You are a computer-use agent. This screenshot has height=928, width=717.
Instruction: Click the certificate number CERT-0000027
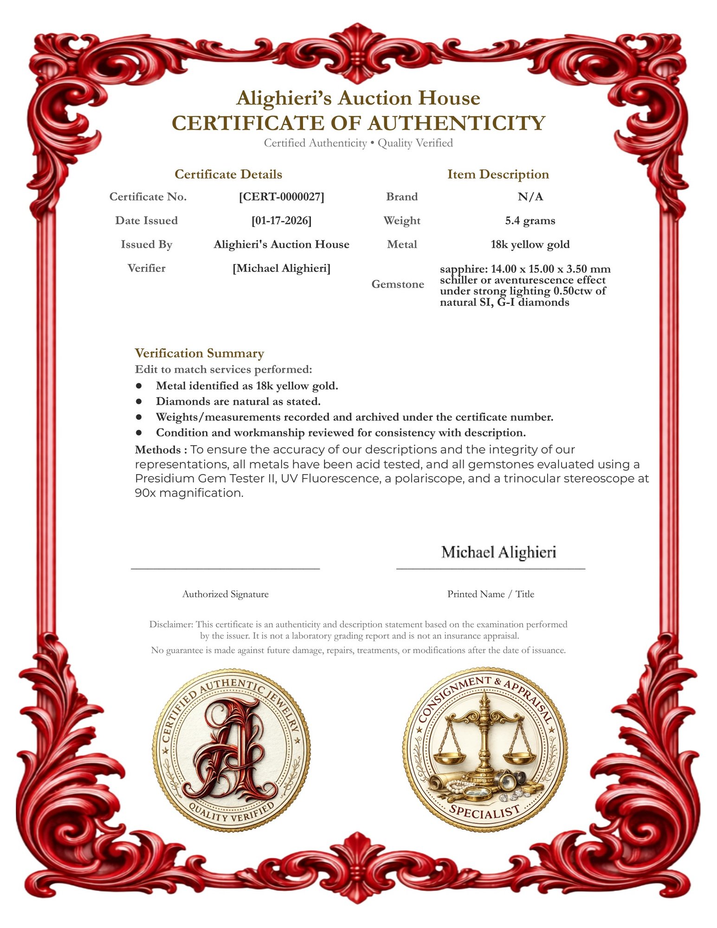click(x=281, y=197)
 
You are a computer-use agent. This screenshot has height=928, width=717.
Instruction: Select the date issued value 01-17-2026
click(x=281, y=220)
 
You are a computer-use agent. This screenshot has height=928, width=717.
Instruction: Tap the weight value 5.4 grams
click(x=530, y=220)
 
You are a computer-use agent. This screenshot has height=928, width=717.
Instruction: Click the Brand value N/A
click(x=530, y=197)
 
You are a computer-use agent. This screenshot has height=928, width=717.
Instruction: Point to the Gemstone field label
click(x=397, y=284)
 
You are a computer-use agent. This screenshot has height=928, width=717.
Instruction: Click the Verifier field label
click(x=146, y=268)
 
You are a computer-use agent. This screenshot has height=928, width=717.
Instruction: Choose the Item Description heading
click(x=498, y=174)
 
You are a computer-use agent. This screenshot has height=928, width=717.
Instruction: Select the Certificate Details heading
click(x=228, y=174)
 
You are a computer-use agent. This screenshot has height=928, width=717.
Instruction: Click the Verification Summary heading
click(x=199, y=353)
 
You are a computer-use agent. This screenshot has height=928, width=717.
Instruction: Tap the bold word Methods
click(x=158, y=450)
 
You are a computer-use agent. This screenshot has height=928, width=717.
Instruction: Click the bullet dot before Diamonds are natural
click(x=138, y=401)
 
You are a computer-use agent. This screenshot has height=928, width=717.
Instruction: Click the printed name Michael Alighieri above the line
click(x=498, y=552)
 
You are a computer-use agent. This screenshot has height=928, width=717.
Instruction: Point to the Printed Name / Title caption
click(x=491, y=594)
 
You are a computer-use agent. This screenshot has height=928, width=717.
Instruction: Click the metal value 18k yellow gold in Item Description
click(x=530, y=245)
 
